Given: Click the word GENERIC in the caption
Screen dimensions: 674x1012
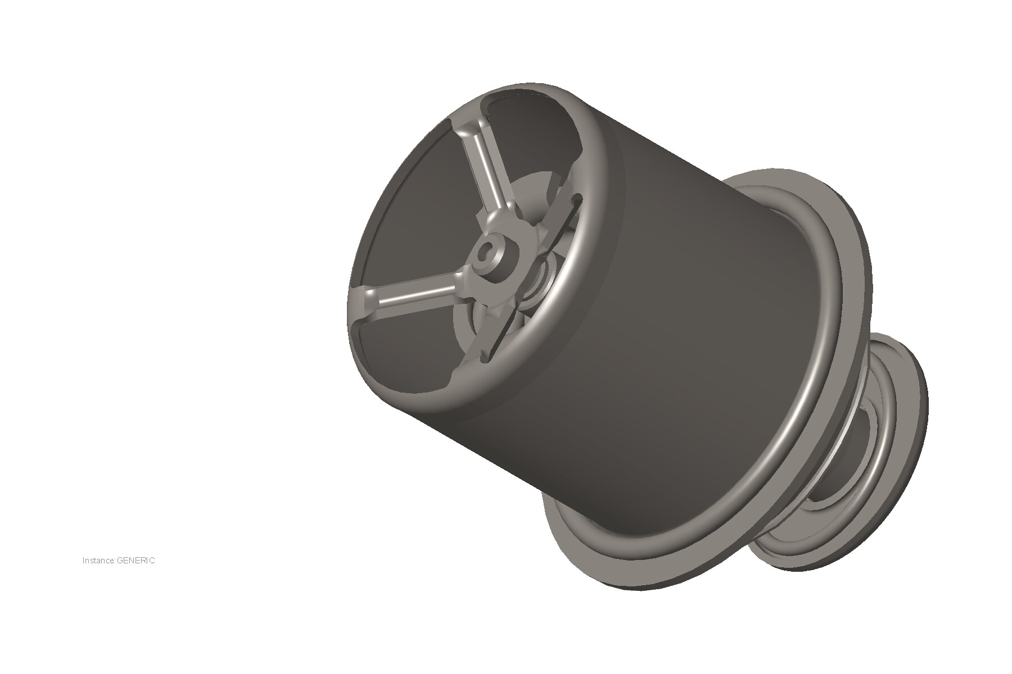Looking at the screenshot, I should [x=135, y=560].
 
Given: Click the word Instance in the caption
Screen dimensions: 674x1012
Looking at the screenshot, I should [x=98, y=560].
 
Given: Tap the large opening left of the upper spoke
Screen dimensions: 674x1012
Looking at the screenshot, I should [x=410, y=213].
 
